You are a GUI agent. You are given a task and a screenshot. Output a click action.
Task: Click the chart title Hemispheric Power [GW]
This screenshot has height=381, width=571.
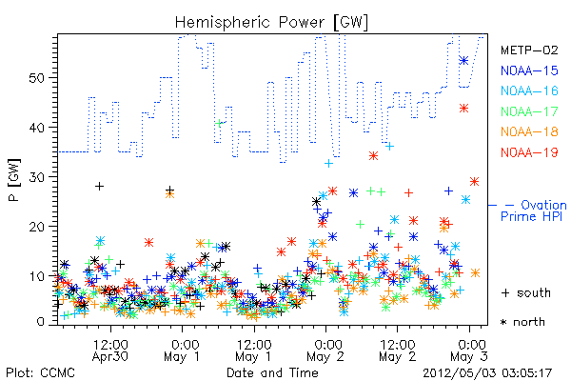click(271, 23)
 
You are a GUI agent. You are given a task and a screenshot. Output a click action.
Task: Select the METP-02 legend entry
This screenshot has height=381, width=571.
click(529, 50)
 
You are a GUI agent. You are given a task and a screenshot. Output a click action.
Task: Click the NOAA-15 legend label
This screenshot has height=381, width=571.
click(529, 70)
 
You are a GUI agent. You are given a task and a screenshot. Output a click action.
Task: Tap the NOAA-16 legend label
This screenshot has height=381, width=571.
click(529, 90)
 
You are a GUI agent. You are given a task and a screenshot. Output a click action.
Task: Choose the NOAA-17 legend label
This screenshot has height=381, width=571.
click(529, 111)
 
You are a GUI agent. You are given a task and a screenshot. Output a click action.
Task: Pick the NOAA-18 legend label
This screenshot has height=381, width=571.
click(529, 131)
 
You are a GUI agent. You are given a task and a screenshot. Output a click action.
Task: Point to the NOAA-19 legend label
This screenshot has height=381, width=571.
click(529, 152)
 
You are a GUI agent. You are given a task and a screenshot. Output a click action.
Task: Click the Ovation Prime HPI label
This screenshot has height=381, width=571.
click(534, 211)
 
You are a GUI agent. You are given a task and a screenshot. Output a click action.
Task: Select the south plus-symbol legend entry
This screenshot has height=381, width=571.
click(526, 292)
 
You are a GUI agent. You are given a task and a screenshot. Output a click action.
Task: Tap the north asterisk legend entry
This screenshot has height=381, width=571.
click(522, 322)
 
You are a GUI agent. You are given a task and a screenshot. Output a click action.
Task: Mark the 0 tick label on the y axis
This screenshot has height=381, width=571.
click(40, 322)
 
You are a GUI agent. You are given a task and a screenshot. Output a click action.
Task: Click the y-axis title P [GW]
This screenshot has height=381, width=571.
click(15, 180)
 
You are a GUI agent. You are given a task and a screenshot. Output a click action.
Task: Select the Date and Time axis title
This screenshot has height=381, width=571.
click(272, 372)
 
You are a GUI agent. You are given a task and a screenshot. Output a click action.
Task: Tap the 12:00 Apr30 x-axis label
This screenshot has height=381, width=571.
click(110, 350)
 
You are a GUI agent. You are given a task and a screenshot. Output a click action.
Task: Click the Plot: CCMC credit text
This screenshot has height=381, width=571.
click(40, 372)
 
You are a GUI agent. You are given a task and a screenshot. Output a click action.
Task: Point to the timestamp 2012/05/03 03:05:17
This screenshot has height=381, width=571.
click(487, 373)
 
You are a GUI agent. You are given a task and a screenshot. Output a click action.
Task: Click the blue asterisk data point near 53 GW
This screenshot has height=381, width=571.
click(463, 61)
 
